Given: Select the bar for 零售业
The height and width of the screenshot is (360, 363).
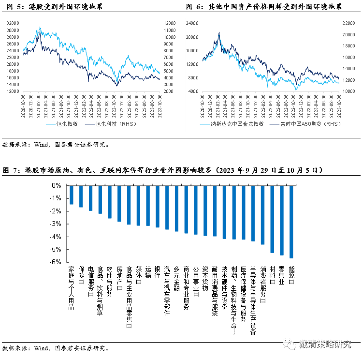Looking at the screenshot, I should [x=281, y=220].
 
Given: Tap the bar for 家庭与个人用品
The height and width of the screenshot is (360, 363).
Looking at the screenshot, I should [x=71, y=195].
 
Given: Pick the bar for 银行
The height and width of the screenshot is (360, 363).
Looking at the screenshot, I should [x=157, y=206].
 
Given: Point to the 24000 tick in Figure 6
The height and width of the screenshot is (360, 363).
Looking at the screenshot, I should [x=192, y=23].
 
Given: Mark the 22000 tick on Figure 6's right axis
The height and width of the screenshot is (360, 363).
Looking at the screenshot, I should [x=349, y=23].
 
